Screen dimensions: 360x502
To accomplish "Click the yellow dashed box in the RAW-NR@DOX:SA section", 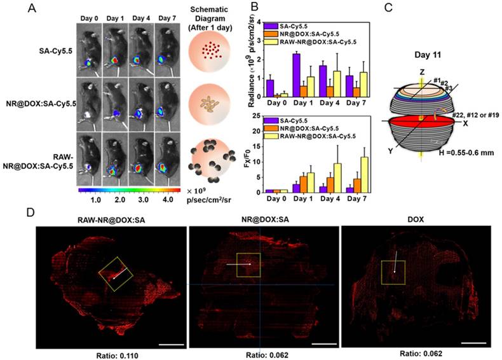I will [116, 274].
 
